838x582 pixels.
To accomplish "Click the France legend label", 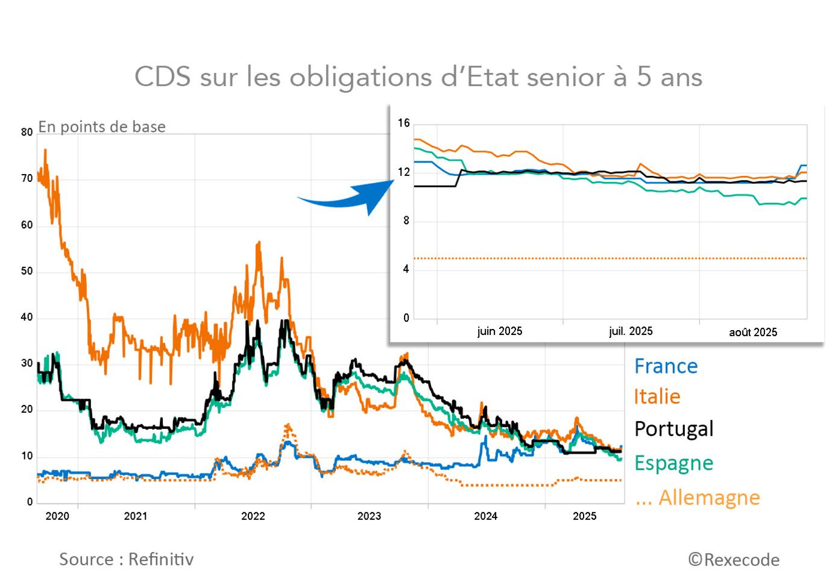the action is click(666, 366).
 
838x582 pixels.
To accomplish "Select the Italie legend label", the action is click(657, 396).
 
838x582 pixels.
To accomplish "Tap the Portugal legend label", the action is click(674, 429).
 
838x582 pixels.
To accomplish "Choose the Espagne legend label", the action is click(674, 463).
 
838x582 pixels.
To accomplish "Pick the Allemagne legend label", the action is click(698, 498).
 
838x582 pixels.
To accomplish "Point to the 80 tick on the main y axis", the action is click(27, 133).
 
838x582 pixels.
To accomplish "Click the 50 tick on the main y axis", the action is click(27, 271).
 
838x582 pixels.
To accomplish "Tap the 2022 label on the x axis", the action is click(253, 516).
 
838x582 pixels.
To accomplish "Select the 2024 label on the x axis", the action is click(485, 516).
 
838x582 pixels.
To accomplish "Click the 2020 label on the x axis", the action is click(57, 516).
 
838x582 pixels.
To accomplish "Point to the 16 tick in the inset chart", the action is click(404, 123).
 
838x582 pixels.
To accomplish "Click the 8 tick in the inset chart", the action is click(406, 221).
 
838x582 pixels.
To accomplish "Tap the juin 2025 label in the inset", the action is click(499, 331).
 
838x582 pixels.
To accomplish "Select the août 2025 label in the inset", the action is click(753, 333).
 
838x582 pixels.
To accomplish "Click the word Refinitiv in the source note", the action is click(161, 560).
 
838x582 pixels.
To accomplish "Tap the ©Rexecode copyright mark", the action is click(734, 560).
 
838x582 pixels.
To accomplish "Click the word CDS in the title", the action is click(163, 77).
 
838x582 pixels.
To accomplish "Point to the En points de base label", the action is click(102, 127).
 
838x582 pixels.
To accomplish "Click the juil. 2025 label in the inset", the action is click(631, 331).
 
